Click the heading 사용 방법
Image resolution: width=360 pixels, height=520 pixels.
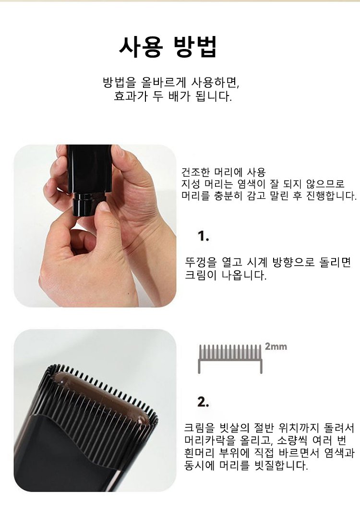click(168, 47)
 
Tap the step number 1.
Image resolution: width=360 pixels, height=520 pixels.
click(203, 236)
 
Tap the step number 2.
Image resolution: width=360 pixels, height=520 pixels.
click(203, 402)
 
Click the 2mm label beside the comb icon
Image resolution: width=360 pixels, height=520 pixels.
click(276, 347)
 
